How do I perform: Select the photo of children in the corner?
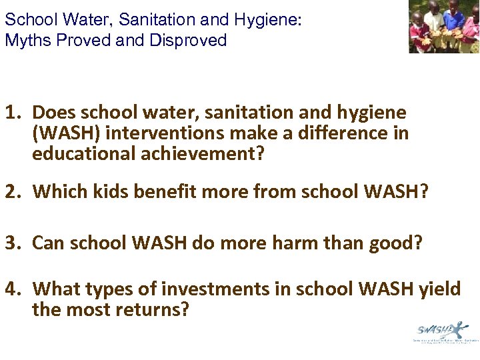tap(444, 27)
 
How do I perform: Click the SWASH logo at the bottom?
tap(443, 331)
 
